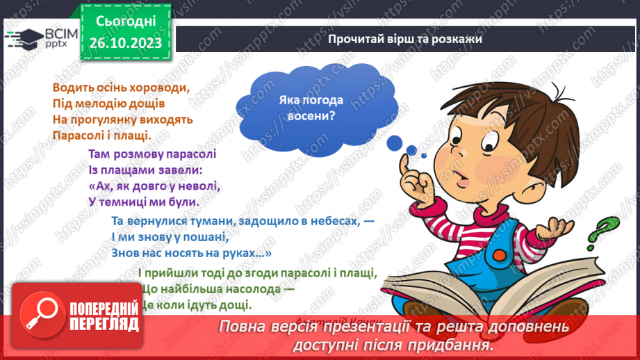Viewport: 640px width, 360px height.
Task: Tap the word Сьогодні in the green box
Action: point(125,22)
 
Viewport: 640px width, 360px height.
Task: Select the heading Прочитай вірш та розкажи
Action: point(405,39)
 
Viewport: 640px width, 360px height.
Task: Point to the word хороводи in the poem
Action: point(160,88)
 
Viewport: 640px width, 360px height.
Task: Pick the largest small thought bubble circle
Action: point(395,143)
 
